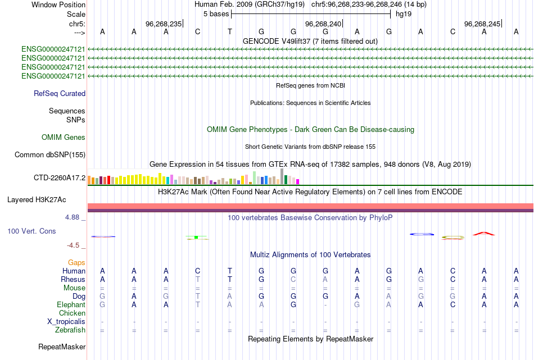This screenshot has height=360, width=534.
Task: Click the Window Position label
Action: [x=58, y=4]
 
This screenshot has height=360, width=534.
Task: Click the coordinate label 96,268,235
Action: [x=164, y=24]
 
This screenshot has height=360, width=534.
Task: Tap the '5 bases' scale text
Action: [x=216, y=14]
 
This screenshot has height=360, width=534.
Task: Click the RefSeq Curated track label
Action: [x=60, y=94]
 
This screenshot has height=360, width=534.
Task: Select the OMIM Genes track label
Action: [x=64, y=138]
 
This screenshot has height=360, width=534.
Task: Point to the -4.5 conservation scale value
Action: [x=76, y=245]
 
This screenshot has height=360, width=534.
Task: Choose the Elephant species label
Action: [x=71, y=304]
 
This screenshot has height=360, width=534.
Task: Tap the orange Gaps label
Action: [x=76, y=262]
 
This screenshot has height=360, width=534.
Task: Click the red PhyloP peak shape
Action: [x=483, y=233]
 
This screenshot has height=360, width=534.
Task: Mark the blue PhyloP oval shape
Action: [x=422, y=234]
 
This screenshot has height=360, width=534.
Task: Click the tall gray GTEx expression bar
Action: [x=282, y=176]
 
